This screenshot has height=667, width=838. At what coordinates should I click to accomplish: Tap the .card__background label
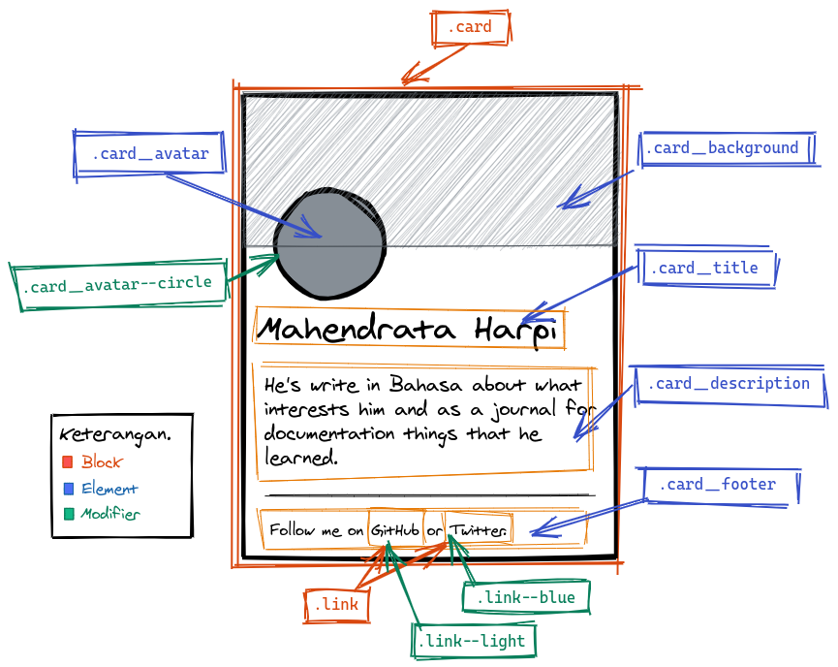[726, 148]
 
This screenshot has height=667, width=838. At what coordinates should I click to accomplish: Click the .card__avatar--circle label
[116, 285]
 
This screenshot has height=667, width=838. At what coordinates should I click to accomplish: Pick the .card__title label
[704, 269]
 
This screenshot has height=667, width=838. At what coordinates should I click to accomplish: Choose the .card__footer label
[717, 484]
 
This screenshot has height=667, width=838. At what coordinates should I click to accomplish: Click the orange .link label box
[335, 606]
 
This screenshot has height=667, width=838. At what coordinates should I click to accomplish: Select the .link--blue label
[526, 597]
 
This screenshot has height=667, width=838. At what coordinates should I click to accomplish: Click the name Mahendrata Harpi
[408, 330]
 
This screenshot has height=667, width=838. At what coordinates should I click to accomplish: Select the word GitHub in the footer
[395, 530]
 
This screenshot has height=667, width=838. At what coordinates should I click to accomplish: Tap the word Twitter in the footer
[478, 530]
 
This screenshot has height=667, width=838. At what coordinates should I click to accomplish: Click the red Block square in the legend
[68, 462]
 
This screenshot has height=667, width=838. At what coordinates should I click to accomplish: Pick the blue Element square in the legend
[68, 489]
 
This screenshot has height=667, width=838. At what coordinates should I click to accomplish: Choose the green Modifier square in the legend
[68, 514]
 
